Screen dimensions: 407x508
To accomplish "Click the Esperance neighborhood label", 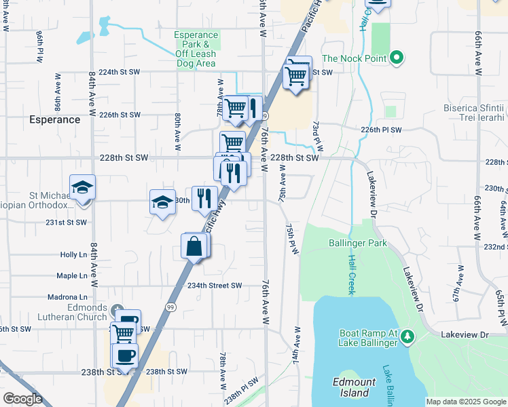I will coord(54,119).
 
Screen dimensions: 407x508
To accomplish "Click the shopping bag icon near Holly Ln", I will coord(194,247).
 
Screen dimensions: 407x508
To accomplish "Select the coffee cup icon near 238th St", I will coord(124,355).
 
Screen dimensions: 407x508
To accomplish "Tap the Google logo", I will coord(23,398).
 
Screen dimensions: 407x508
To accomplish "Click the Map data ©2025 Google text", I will coord(466,402).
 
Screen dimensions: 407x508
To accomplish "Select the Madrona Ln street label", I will coord(68,297).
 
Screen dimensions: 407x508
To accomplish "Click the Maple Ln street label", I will coord(72,275).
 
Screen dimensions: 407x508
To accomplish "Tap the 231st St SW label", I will coord(67,222).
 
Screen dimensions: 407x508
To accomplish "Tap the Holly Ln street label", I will coord(73,254).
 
